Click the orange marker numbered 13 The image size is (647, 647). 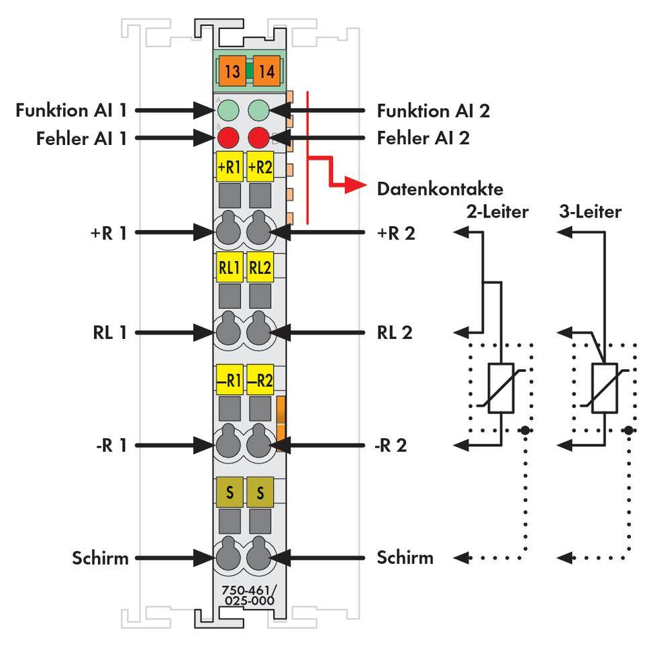click(232, 71)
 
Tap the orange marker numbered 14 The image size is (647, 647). click(266, 71)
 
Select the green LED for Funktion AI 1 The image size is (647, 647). click(229, 110)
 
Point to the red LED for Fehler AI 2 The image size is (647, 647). click(258, 138)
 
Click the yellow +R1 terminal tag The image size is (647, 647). click(229, 167)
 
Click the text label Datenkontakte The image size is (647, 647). click(440, 189)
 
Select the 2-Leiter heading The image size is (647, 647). click(497, 212)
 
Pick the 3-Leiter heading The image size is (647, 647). click(590, 212)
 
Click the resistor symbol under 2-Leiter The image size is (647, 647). click(501, 389)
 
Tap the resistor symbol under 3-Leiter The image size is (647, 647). click(604, 389)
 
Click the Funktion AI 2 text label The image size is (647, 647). click(433, 110)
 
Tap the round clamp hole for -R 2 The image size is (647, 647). click(259, 444)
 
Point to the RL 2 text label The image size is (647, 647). click(392, 332)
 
